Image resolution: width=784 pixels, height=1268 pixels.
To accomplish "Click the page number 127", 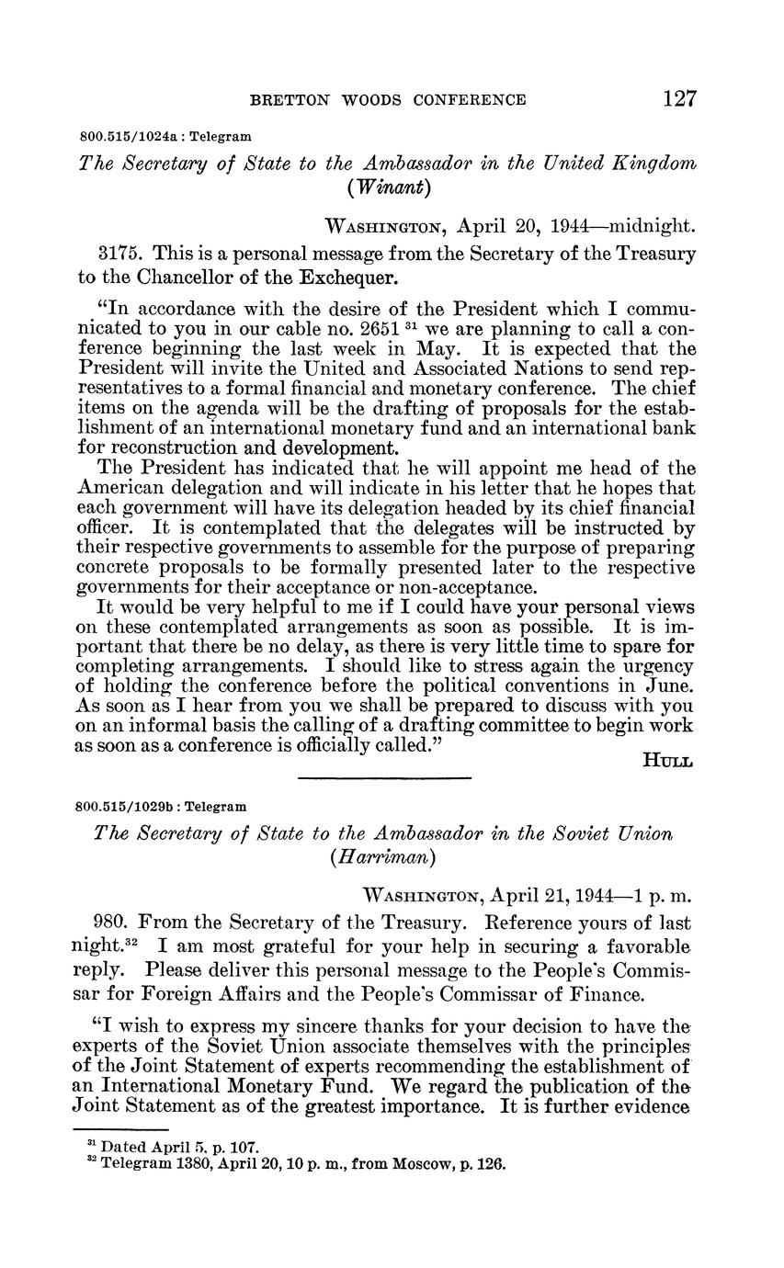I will [x=679, y=99].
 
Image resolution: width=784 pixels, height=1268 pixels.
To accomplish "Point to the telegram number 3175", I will [x=116, y=253].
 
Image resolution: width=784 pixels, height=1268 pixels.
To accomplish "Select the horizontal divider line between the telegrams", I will [x=384, y=779].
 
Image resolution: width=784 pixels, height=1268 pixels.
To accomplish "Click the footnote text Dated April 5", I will [x=147, y=1147].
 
